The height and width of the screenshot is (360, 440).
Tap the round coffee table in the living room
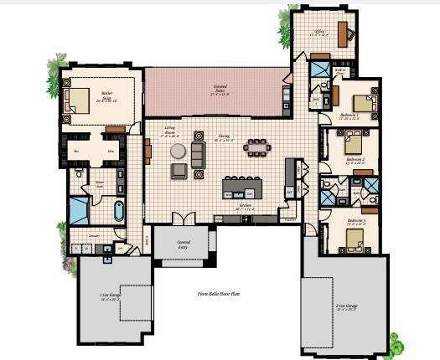[x=179, y=152]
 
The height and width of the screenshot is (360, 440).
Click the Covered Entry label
[x=183, y=244]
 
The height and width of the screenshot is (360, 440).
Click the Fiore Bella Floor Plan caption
[x=219, y=294]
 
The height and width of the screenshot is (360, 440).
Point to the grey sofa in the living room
[x=198, y=152]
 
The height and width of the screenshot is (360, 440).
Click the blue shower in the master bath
[x=78, y=210]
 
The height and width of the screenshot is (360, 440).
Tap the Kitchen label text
[x=246, y=204]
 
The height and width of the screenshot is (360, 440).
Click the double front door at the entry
[x=184, y=219]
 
